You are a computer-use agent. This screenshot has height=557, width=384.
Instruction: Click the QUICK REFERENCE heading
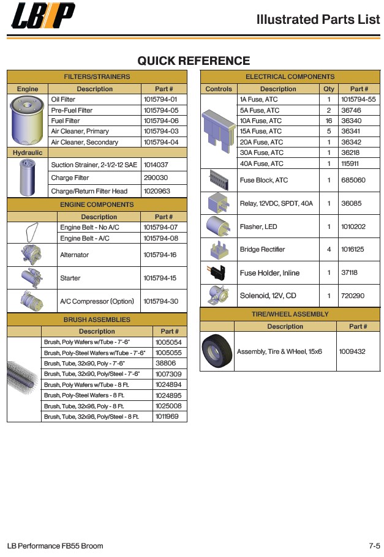194,61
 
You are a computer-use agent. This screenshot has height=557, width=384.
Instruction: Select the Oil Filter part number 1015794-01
160,99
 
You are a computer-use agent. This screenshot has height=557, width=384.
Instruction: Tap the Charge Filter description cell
70,178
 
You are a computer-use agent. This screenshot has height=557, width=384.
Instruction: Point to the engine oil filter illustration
27,119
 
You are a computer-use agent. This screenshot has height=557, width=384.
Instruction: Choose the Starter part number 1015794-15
160,278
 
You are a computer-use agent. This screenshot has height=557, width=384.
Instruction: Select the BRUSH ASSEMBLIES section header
97,320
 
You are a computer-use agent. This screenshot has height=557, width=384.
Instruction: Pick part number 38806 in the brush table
165,363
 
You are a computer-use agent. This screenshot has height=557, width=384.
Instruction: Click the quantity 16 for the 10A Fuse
328,121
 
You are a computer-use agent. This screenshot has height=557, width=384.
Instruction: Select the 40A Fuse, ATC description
262,163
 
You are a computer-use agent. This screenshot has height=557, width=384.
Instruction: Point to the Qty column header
329,89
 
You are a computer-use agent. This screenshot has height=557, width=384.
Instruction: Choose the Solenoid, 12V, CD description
268,296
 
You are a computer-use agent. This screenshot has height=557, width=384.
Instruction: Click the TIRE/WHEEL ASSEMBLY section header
290,314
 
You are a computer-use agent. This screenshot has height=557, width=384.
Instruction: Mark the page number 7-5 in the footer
374,545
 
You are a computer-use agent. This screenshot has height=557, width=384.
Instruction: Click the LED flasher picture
218,226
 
